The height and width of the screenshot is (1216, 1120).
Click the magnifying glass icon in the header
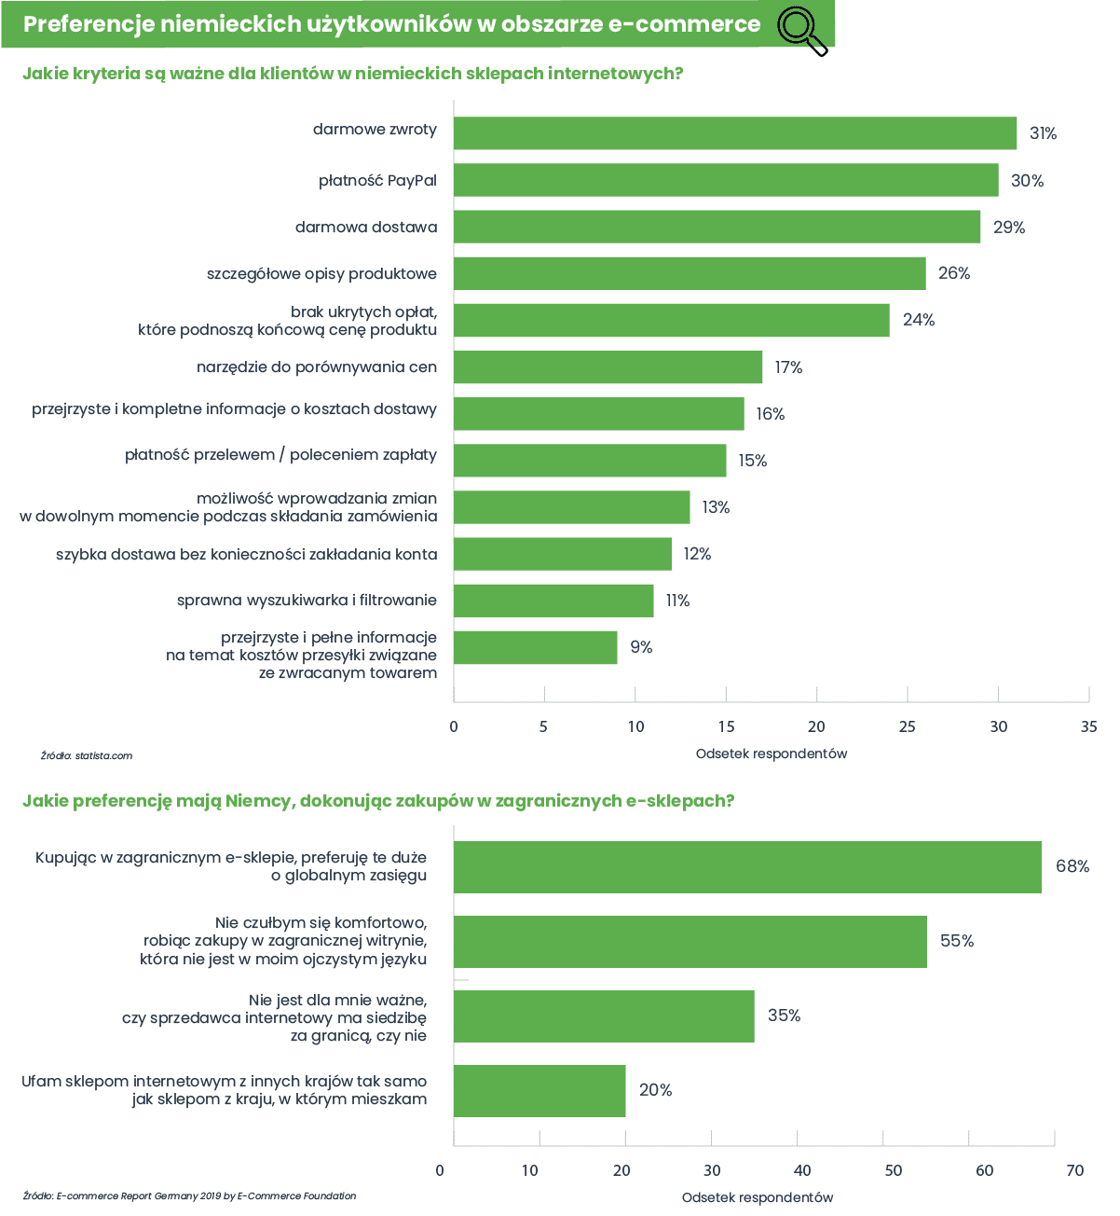pyautogui.click(x=801, y=30)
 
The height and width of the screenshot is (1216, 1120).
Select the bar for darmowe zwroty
pyautogui.click(x=734, y=132)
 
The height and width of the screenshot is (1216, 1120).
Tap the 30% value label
pyautogui.click(x=1027, y=181)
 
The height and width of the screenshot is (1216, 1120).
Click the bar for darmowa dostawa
pyautogui.click(x=717, y=227)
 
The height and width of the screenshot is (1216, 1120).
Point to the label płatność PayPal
pyautogui.click(x=377, y=181)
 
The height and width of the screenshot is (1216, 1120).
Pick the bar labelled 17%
pyautogui.click(x=608, y=366)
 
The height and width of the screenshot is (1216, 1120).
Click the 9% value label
pyautogui.click(x=641, y=646)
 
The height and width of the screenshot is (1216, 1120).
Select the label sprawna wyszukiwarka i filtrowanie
pyautogui.click(x=307, y=600)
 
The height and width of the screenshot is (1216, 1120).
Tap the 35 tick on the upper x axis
pyautogui.click(x=1089, y=726)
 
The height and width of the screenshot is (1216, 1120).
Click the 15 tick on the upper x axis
pyautogui.click(x=726, y=726)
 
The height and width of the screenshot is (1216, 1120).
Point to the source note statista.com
pyautogui.click(x=87, y=755)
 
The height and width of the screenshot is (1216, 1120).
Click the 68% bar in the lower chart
pyautogui.click(x=747, y=867)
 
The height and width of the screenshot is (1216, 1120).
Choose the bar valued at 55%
pyautogui.click(x=690, y=942)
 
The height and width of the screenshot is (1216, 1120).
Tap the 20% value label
pyautogui.click(x=655, y=1090)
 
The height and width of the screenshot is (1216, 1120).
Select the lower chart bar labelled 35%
pyautogui.click(x=604, y=1016)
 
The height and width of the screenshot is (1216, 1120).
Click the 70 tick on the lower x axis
pyautogui.click(x=1075, y=1170)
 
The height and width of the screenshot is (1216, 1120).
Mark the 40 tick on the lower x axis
pyautogui.click(x=802, y=1170)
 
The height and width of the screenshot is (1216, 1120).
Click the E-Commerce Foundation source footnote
pyautogui.click(x=190, y=1195)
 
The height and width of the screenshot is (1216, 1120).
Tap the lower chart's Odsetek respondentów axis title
pyautogui.click(x=758, y=1197)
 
